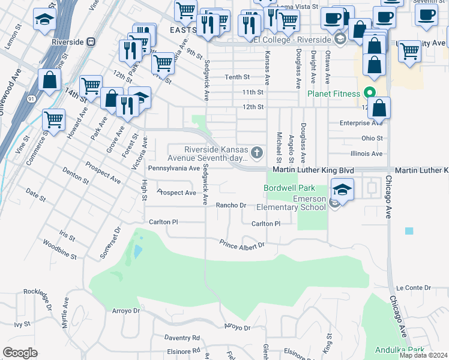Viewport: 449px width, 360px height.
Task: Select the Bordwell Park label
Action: (289, 188)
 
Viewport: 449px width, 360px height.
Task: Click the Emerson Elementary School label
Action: (291, 203)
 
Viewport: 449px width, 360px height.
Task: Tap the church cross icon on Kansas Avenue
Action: (257, 153)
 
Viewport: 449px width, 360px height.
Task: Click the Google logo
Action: (20, 352)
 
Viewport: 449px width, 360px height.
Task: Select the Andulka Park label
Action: (399, 350)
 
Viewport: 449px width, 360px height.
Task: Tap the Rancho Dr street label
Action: (231, 205)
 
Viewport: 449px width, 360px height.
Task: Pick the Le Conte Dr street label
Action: (413, 288)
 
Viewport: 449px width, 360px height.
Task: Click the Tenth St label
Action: (237, 77)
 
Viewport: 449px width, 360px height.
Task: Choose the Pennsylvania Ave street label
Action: (173, 169)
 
